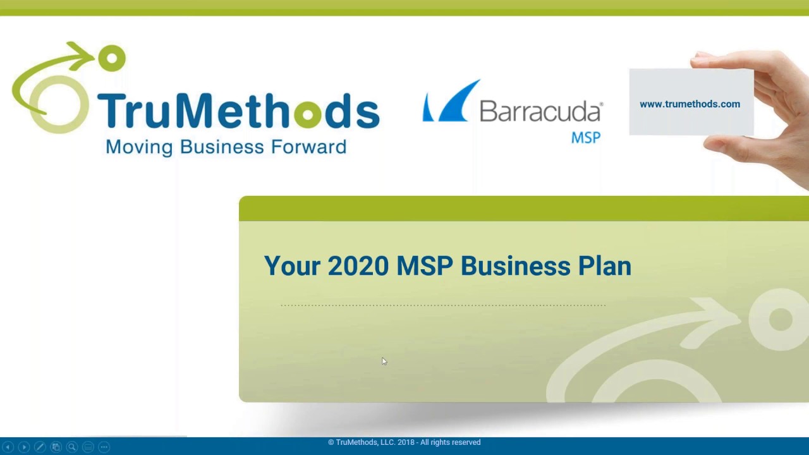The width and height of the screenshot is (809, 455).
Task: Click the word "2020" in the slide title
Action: (x=358, y=266)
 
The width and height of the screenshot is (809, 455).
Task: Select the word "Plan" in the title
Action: (x=604, y=266)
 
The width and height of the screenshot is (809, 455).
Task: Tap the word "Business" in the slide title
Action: (x=515, y=266)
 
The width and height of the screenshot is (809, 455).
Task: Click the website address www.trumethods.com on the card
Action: (x=690, y=104)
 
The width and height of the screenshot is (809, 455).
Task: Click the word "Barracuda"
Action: (x=540, y=111)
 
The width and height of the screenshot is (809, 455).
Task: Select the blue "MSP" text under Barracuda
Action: (x=586, y=137)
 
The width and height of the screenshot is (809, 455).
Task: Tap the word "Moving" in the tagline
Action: (x=139, y=147)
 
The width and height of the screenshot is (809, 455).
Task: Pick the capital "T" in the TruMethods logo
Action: (x=111, y=111)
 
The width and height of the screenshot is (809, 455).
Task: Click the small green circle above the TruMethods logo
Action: (x=112, y=59)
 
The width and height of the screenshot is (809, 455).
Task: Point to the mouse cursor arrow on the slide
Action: (x=383, y=361)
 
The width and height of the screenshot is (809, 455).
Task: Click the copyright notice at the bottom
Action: (x=404, y=442)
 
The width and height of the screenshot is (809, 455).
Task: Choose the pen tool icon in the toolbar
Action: (x=40, y=447)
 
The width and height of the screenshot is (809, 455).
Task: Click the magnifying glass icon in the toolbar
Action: (x=72, y=447)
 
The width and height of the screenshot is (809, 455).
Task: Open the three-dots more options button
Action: (x=104, y=447)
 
